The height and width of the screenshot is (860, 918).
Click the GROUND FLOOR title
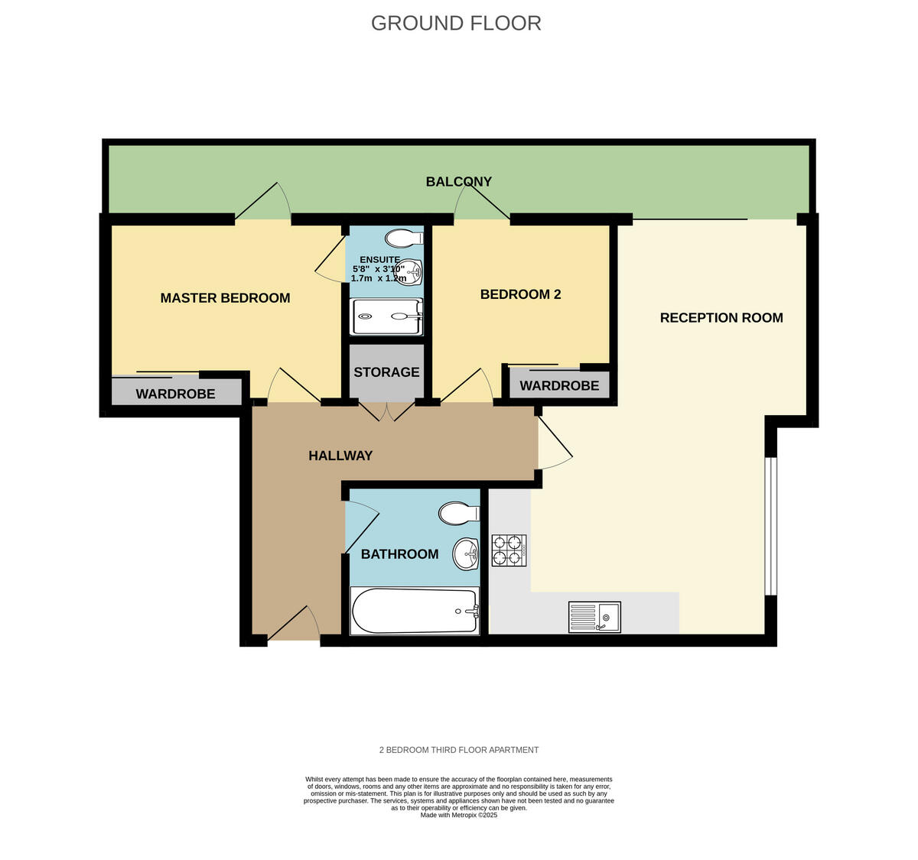pos(456,24)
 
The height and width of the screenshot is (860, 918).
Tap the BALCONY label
pos(459,182)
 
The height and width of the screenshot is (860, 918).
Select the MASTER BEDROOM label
pos(225,298)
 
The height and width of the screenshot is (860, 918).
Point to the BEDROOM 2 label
pos(520,294)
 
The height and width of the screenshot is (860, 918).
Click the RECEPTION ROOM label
pos(721,318)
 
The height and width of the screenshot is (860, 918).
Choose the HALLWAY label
pos(340,456)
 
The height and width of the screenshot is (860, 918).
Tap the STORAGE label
pos(386,372)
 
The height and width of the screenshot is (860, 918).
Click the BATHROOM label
pos(399,554)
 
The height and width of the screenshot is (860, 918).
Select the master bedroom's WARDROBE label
pos(175,394)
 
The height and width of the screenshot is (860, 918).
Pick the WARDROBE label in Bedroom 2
pos(559,386)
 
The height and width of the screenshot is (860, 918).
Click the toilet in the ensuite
pos(404,239)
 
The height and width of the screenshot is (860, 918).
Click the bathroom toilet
pos(458,513)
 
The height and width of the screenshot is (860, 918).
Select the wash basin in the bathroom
pos(464,553)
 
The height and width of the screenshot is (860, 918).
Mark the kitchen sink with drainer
pos(594,617)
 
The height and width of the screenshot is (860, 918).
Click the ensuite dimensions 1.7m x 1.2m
pos(378,279)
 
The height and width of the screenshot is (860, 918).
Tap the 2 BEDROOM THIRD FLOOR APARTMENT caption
pos(459,750)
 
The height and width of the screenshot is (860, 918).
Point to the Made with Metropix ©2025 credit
pos(459,816)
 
